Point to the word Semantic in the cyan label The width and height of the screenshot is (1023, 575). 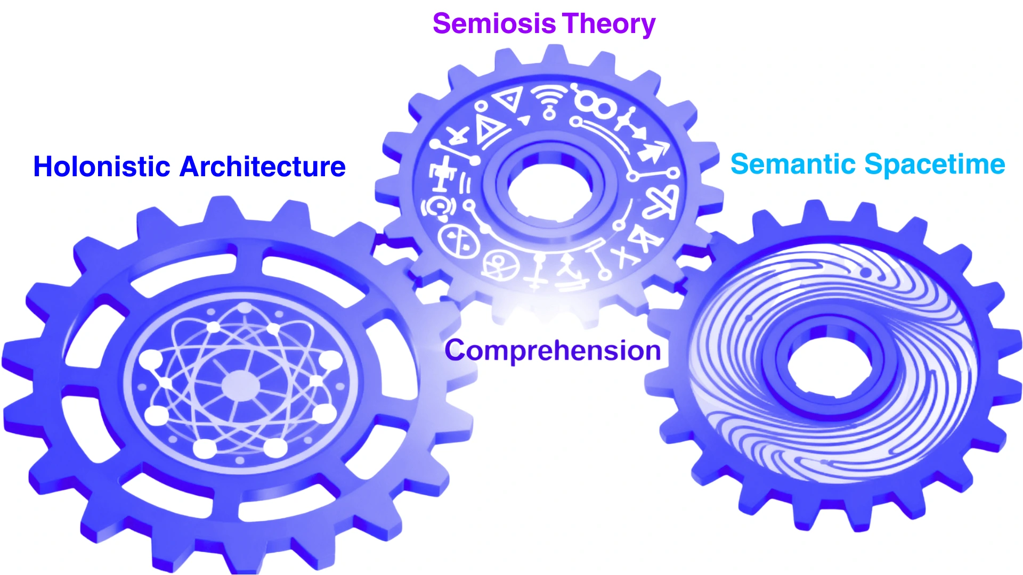(793, 164)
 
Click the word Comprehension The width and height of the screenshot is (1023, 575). (553, 351)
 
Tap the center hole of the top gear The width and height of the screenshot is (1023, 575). (549, 189)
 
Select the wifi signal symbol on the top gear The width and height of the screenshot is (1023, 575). (549, 101)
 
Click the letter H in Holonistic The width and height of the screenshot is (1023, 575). (44, 167)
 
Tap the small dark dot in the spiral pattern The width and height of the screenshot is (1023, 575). (866, 273)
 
